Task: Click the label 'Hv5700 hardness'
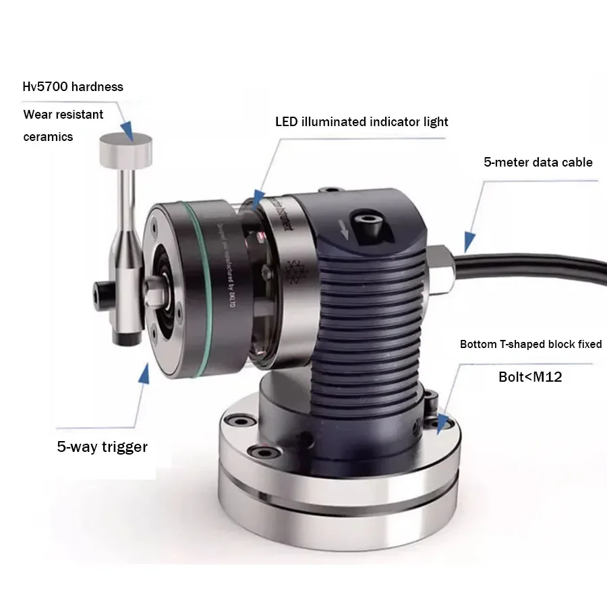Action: coord(74,87)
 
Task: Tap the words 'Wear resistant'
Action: coord(63,115)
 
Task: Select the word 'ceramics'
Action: coord(48,137)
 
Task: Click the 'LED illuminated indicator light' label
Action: coord(362,122)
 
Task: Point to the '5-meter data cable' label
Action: coord(538,163)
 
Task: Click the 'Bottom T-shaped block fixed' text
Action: coord(531,345)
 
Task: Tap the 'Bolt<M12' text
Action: coord(530,377)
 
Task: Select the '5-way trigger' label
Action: coord(102,446)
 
